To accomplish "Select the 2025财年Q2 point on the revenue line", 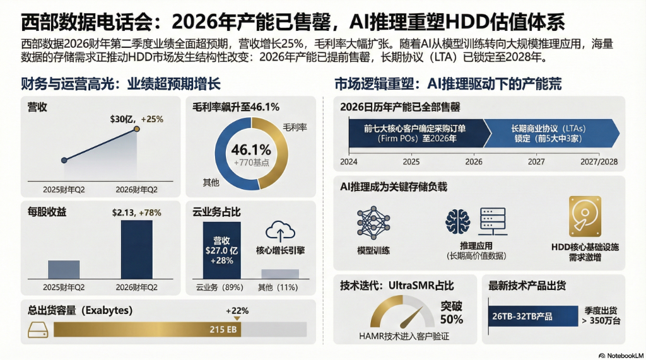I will pos(64,160).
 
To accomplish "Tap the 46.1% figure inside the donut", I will pos(251,150).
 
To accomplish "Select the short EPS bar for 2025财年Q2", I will pos(64,269).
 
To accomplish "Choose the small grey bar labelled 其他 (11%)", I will pos(279,274).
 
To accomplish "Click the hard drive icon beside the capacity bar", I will pos(37,329).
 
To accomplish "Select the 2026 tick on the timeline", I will pos(474,161).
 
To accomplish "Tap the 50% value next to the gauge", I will pos(452,319).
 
